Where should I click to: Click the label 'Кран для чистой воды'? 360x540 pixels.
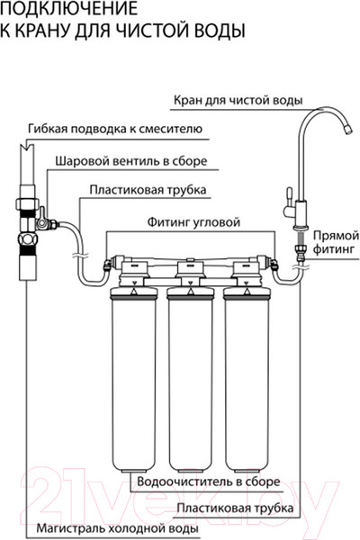point(238,101)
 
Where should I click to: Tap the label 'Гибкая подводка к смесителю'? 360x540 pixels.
point(115,129)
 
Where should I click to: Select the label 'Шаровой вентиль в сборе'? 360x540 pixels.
point(131,161)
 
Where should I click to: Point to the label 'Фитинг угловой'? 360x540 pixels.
point(193,222)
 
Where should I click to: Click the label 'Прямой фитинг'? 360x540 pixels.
point(336,242)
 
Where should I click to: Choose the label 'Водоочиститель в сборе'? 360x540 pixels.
point(209,481)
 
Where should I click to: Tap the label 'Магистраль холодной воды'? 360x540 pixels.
point(118,528)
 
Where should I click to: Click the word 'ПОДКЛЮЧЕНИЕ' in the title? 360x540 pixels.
point(69,8)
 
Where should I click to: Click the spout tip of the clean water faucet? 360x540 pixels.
point(348,130)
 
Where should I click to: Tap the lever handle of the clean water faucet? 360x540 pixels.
point(290,193)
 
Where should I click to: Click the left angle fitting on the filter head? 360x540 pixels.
point(107,265)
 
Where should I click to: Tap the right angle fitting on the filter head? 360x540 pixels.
point(274,265)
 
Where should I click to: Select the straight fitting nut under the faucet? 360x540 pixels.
point(299,248)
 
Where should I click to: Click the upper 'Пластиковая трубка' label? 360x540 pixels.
point(148,190)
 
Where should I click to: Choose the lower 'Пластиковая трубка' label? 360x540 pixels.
point(235,508)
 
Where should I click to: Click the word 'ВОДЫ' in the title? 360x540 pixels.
point(220,30)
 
